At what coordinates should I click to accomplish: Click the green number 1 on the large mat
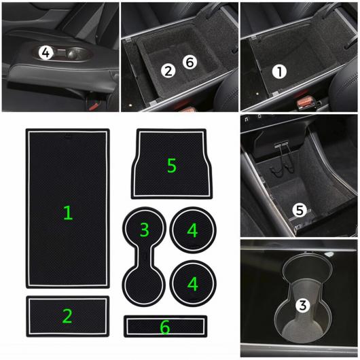tap(68, 213)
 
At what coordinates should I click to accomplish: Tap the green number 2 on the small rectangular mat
tap(67, 316)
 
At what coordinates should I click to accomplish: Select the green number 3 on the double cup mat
tap(145, 230)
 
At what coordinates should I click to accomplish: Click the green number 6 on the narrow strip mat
tap(165, 327)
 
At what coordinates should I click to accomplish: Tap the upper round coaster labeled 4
tap(193, 230)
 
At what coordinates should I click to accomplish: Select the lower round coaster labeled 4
tap(193, 283)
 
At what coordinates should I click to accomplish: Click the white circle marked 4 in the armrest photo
tap(46, 53)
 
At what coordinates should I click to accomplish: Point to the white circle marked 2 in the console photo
tap(168, 71)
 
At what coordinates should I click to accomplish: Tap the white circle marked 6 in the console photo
tap(190, 62)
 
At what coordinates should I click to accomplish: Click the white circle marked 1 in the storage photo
tap(279, 71)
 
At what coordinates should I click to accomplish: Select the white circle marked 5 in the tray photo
tap(300, 210)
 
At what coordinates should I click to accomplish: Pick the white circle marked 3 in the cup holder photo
tap(302, 305)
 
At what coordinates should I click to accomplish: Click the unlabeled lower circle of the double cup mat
tap(144, 285)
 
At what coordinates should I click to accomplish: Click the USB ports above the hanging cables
tap(281, 145)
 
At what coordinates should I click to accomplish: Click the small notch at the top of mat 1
tap(68, 136)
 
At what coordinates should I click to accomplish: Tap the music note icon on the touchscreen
tap(246, 119)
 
